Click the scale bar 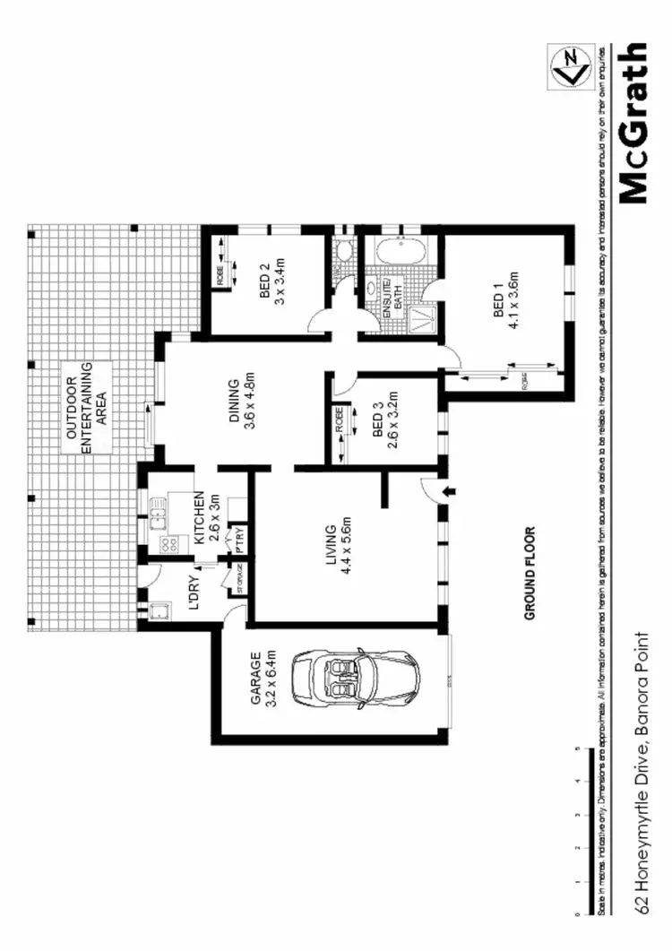[588, 829]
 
